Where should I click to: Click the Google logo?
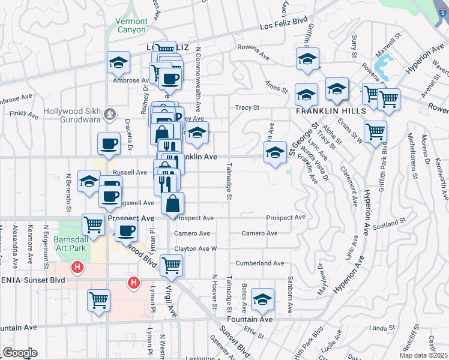coord(20,353)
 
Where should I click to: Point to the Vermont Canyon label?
coord(130,25)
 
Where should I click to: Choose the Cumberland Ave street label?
coord(260,263)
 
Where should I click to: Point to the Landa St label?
coord(379,328)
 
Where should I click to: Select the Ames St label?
coord(277,88)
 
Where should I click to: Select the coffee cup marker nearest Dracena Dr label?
coord(109,144)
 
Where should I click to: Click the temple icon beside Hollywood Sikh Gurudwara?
coord(109,113)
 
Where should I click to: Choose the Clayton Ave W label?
coord(195,248)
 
